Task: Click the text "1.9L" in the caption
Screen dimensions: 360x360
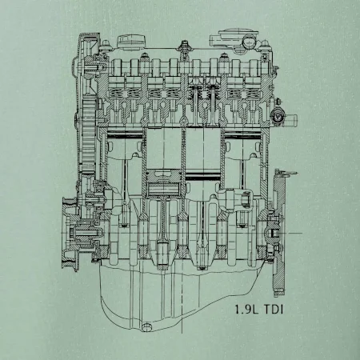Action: coord(247,310)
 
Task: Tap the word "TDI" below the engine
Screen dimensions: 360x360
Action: coord(274,310)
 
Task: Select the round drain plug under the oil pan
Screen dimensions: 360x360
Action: coord(146,327)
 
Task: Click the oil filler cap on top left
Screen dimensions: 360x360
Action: coord(132,42)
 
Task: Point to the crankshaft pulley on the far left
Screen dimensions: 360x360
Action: coord(70,234)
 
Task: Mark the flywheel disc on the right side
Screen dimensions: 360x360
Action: coord(279,234)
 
